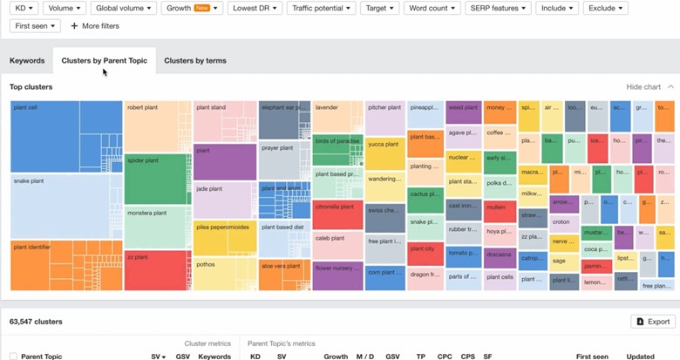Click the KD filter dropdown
point(26,8)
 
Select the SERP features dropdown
point(498,8)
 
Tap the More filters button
point(94,26)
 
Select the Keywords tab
point(27,61)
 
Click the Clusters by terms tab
point(194,61)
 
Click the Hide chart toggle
point(649,87)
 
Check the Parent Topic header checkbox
point(12,357)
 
